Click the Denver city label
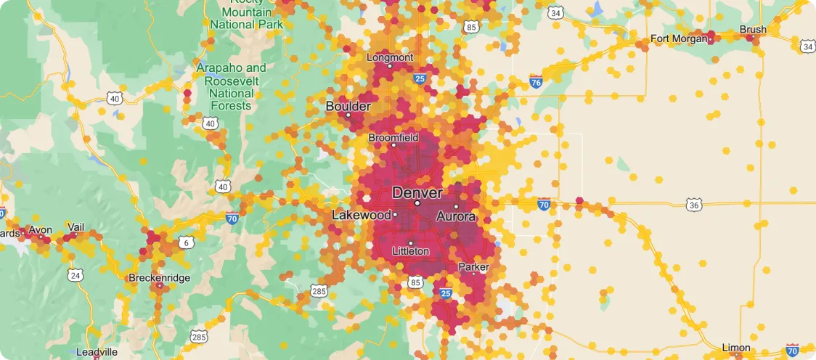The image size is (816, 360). pos(417,192)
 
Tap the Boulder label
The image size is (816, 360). pos(348,106)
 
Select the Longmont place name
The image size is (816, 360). pos(390,57)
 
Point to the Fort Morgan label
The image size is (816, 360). pos(678,38)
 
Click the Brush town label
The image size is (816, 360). pos(752,30)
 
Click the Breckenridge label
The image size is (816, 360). pos(158,277)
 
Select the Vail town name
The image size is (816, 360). pos(76,227)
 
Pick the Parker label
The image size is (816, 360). pos(473,267)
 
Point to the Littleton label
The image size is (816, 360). pos(410,251)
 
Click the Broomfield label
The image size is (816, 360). pos(393,137)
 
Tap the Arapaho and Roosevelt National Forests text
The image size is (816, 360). pos(231,86)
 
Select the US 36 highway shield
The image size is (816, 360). pos(694,205)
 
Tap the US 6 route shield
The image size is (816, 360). pos(187,242)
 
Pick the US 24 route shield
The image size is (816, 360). pos(76,275)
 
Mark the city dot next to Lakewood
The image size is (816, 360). pos(395,215)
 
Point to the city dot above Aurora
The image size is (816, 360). pos(457,207)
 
